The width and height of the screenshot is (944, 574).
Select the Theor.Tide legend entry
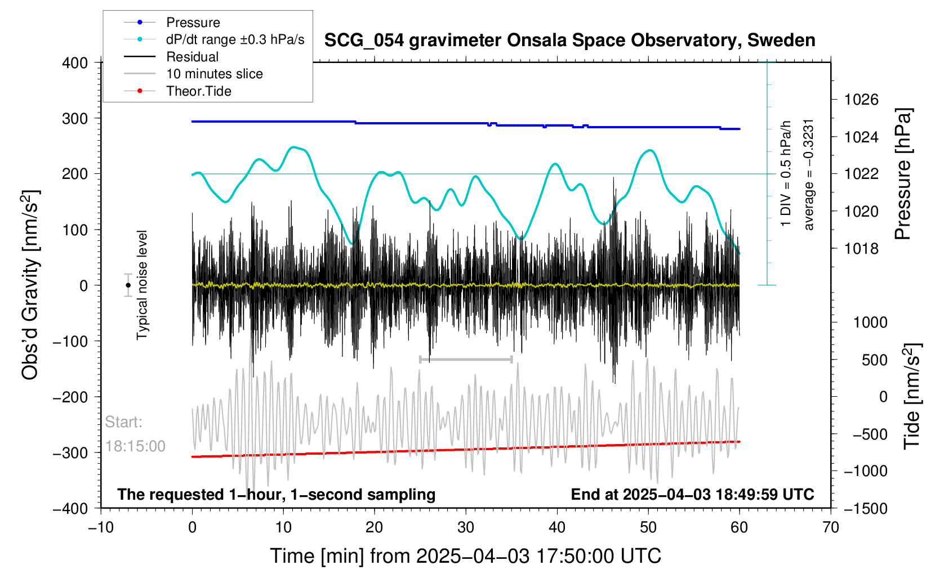(x=177, y=91)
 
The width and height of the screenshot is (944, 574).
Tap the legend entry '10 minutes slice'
(x=193, y=74)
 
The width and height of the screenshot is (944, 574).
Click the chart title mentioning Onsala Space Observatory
(x=570, y=41)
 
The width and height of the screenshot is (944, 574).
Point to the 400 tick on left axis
(x=75, y=63)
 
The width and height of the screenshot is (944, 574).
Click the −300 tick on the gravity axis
(x=70, y=453)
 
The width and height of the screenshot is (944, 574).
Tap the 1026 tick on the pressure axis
(x=861, y=100)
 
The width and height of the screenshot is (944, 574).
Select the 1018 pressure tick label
(x=861, y=249)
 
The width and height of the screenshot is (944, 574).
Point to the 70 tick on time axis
(x=831, y=527)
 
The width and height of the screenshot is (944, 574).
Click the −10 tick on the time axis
(x=101, y=527)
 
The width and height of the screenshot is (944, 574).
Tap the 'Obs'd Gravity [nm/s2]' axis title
(x=30, y=285)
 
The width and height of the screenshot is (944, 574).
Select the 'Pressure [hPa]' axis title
(x=903, y=174)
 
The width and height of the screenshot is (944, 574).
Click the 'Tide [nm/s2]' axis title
(x=912, y=397)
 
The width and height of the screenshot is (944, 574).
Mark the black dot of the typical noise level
(x=128, y=285)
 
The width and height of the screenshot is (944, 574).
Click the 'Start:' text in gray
(x=123, y=422)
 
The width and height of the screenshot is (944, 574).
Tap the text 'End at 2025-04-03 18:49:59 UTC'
(x=692, y=495)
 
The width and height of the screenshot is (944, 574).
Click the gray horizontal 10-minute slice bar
(x=466, y=359)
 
